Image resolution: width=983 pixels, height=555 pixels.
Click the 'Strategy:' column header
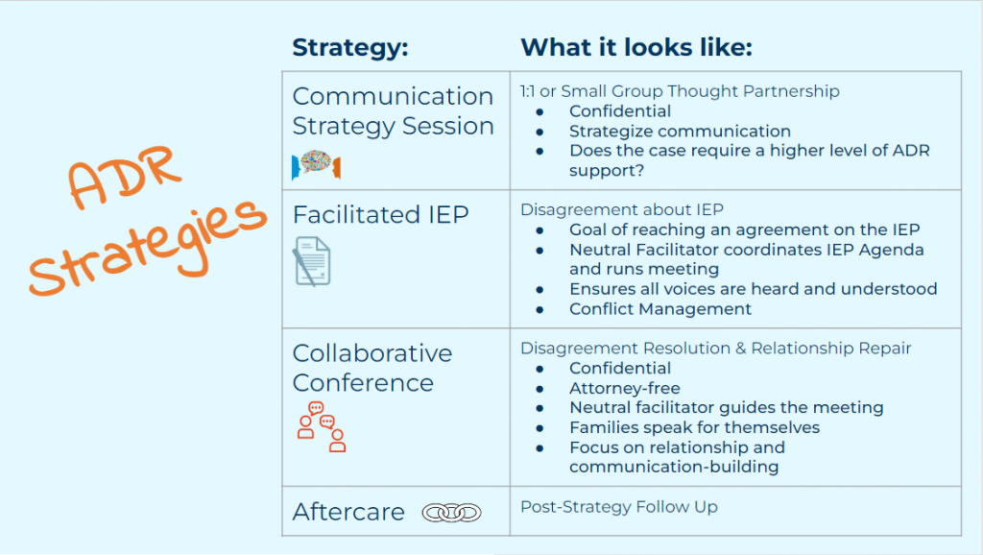pos(349,48)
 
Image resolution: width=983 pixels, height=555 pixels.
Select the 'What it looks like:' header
pos(636,48)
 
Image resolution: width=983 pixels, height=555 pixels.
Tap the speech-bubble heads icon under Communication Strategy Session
pos(316,165)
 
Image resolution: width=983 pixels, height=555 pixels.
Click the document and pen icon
pos(312,261)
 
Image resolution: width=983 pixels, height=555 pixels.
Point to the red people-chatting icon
pos(321,427)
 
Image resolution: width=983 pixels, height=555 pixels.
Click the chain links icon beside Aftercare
pos(451,513)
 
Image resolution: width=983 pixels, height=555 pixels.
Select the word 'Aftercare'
pos(348,512)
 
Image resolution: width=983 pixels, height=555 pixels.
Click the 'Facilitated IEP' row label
pos(380,214)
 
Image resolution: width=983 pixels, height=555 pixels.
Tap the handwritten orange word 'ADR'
pos(124,177)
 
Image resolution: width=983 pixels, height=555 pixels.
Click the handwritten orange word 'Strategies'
pos(148,247)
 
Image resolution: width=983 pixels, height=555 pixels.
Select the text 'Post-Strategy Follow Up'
pos(619,507)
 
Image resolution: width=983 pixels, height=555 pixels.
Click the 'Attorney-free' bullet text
pos(624,388)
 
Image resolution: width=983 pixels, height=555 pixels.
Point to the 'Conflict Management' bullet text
pos(660,308)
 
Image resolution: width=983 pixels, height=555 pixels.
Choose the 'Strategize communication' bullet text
pos(680,131)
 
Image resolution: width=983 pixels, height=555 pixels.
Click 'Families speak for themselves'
pos(695,427)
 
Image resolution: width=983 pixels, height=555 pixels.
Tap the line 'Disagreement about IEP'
pos(622,209)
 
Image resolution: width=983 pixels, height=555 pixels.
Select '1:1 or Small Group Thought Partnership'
pos(680,91)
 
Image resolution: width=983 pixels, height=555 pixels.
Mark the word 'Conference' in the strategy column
pos(363,382)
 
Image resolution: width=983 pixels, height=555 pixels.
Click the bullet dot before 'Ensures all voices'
pos(539,290)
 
